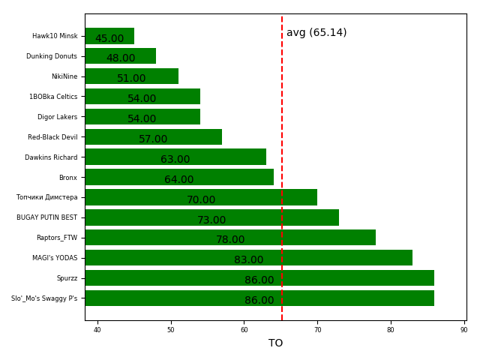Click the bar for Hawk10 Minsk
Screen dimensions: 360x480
point(109,36)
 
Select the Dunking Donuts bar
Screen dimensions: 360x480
point(120,56)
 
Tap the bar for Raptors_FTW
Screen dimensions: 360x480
point(230,238)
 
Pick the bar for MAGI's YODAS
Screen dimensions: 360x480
point(248,258)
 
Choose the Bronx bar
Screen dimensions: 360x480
point(179,177)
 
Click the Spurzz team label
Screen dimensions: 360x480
point(67,278)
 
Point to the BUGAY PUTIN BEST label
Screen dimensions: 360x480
point(47,217)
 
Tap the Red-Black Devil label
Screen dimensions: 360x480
point(52,137)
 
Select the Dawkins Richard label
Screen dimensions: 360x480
point(51,157)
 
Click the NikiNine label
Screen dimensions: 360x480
point(64,76)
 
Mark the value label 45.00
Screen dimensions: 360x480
point(109,39)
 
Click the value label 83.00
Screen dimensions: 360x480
point(249,260)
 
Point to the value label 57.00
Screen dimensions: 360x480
point(153,139)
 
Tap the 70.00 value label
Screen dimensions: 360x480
point(201,200)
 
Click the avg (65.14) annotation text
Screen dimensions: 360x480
point(316,33)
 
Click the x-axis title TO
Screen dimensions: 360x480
point(276,343)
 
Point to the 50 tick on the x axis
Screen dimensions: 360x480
point(171,330)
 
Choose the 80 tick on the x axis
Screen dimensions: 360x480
point(391,330)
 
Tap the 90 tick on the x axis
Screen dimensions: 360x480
point(464,330)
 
